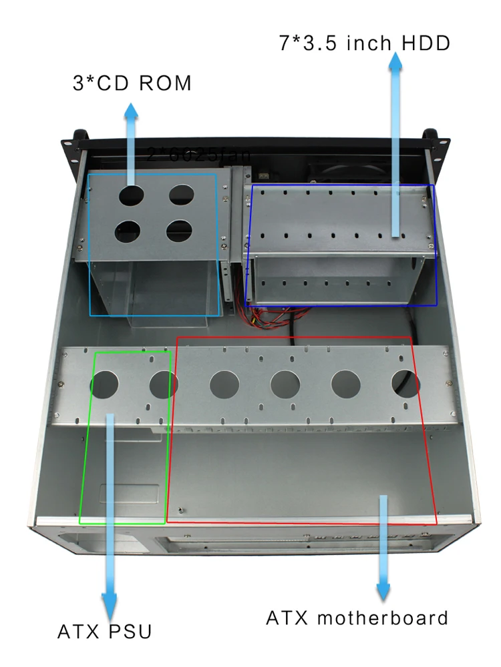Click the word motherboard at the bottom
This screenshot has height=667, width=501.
tap(383, 618)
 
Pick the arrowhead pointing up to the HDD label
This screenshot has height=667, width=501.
tap(396, 61)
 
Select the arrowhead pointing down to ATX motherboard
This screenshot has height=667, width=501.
tap(383, 590)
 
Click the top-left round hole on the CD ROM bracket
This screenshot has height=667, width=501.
tap(132, 195)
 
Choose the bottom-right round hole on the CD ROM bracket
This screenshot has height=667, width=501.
tap(180, 231)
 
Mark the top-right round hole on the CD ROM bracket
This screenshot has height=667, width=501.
tap(181, 194)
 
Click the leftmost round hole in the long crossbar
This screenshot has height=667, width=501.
tap(104, 385)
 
